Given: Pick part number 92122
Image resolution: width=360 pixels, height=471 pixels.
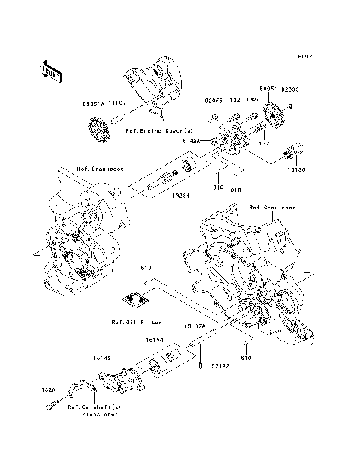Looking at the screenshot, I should pyautogui.click(x=220, y=366).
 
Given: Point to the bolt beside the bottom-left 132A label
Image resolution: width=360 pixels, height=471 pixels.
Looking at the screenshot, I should pyautogui.click(x=50, y=406).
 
